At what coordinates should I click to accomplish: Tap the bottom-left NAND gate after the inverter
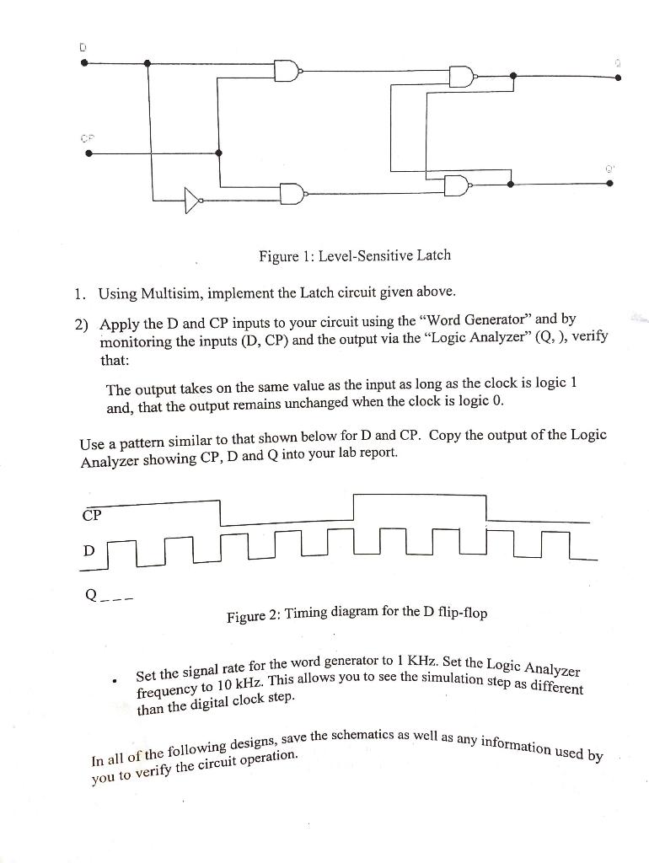[291, 194]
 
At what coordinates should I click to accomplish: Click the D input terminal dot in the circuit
[84, 62]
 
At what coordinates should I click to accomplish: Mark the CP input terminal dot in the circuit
[84, 153]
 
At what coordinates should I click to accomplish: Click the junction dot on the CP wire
[219, 153]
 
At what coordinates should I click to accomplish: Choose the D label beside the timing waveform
[88, 550]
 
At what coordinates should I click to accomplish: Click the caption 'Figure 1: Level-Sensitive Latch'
[354, 255]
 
